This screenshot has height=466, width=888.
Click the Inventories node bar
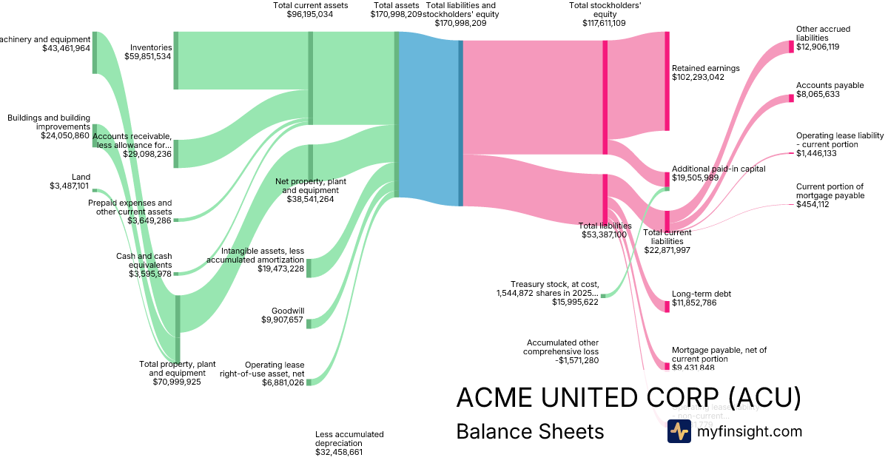176,61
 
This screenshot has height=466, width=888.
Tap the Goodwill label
288,311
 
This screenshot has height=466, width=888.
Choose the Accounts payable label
830,85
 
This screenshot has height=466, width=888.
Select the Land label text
80,177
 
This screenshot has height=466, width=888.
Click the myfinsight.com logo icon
679,431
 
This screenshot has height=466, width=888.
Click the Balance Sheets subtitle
530,431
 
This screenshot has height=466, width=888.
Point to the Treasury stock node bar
603,296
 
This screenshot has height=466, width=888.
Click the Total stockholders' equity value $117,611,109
604,23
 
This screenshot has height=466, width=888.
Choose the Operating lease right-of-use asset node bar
309,382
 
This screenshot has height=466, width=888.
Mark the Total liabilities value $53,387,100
604,234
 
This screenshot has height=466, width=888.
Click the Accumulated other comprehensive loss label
562,347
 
